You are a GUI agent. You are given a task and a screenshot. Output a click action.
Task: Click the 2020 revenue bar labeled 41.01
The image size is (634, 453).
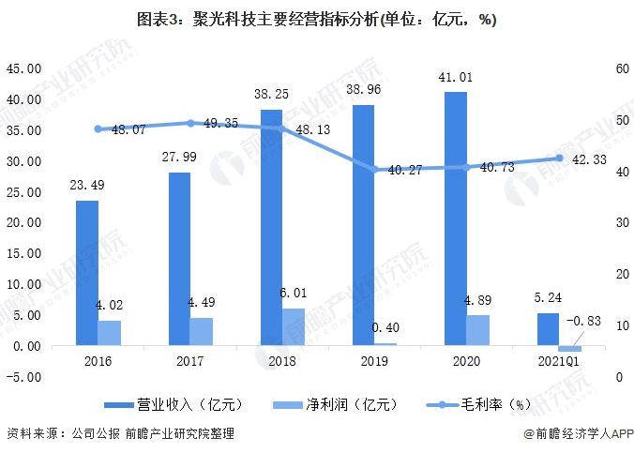coord(456,219)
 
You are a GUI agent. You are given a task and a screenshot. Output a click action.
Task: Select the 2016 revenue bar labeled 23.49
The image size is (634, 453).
coord(87,273)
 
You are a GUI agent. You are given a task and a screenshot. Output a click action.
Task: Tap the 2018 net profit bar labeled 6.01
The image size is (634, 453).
coord(294,326)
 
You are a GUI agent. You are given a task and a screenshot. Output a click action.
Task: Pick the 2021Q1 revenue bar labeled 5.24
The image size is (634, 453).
coord(548,329)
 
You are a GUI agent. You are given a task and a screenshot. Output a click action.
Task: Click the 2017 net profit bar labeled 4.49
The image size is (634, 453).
coord(202,331)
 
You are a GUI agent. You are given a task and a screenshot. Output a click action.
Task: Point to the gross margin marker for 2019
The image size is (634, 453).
coord(374,170)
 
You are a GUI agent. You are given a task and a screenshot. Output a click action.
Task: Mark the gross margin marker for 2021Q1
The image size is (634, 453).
coord(559,159)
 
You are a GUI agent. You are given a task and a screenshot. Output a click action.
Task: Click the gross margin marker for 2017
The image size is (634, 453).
coord(190,123)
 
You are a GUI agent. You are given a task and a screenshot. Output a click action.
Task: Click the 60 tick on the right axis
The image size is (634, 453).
coord(620,68)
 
